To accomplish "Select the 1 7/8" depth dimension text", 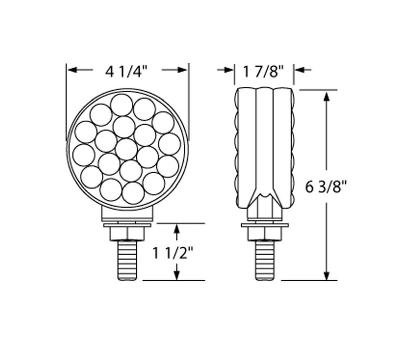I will (x=264, y=71).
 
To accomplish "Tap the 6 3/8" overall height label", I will (x=326, y=187).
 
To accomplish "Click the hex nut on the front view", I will (x=127, y=233).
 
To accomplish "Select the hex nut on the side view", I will (x=265, y=233).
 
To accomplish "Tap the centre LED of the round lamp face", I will (x=126, y=149).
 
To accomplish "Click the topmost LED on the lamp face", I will (x=122, y=105).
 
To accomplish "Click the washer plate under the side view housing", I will (x=265, y=224).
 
